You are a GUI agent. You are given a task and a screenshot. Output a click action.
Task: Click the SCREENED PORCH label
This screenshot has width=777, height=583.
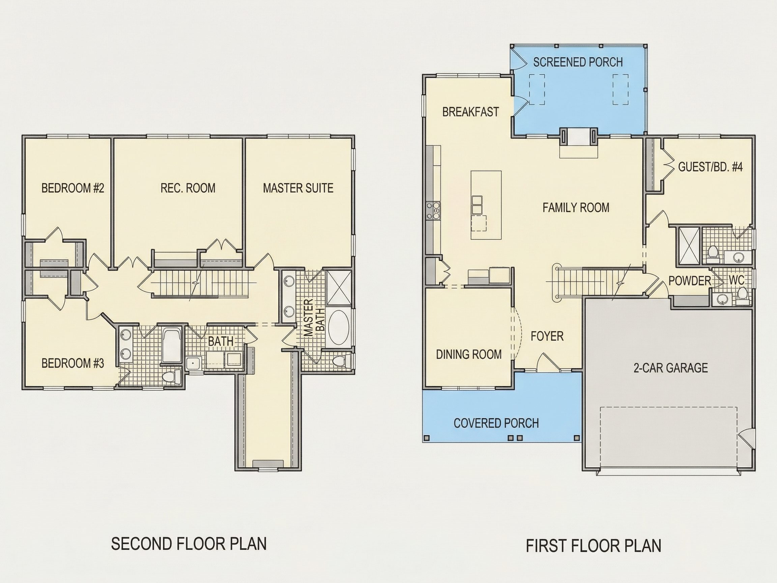[x=578, y=62]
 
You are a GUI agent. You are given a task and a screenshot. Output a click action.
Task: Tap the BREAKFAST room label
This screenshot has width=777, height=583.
[x=470, y=112]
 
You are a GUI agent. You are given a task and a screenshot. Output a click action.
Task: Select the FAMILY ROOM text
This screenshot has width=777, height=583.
[x=576, y=208]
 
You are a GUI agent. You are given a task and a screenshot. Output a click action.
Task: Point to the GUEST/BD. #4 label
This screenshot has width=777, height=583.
[x=710, y=167]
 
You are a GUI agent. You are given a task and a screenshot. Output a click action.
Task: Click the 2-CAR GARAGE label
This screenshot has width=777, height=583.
[x=670, y=368]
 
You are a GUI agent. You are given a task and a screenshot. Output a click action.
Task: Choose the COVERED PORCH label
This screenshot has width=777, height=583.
[x=496, y=423]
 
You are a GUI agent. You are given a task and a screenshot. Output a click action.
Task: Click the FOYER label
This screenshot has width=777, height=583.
[x=547, y=336]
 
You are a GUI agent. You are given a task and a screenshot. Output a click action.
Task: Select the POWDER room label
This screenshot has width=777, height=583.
[x=690, y=281]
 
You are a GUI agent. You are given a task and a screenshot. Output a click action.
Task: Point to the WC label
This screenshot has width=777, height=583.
[x=736, y=280]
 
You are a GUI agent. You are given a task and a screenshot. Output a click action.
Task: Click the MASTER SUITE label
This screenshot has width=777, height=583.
[x=298, y=188]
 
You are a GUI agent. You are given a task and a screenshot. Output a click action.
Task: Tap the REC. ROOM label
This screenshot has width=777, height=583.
[x=188, y=188]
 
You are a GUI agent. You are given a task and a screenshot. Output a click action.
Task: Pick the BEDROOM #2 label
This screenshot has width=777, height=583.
[x=73, y=188]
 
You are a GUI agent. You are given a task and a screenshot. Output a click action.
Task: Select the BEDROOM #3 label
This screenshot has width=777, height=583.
[x=73, y=363]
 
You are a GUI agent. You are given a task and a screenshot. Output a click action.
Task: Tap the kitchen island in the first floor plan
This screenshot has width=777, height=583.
[x=486, y=205]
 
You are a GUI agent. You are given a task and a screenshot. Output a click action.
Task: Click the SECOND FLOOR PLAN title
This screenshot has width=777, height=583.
[x=189, y=543]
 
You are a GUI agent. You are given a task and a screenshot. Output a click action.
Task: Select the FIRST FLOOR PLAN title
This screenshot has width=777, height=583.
[x=593, y=546]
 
